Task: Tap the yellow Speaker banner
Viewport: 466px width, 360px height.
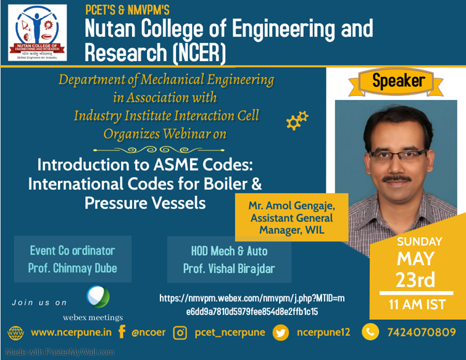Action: (x=398, y=81)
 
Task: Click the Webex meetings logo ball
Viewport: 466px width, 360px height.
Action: (x=98, y=297)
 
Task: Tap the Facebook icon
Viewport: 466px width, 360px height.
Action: (x=122, y=332)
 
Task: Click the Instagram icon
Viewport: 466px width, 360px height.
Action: (x=180, y=333)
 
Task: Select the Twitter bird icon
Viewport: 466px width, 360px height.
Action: (x=281, y=333)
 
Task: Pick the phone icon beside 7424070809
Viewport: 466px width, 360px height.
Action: (x=370, y=332)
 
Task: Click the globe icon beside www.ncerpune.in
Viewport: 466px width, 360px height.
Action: (x=15, y=333)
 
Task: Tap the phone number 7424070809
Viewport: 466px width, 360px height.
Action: (x=421, y=333)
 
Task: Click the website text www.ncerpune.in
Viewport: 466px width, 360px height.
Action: (x=71, y=333)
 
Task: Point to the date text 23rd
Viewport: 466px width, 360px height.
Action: (x=415, y=280)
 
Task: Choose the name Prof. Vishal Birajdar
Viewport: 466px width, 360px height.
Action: (x=228, y=269)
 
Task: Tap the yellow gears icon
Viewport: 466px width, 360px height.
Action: (x=297, y=120)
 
